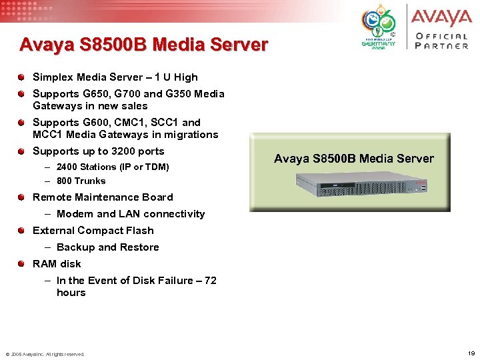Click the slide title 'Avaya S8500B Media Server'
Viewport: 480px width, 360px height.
pos(143,45)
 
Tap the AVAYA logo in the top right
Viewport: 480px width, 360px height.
pos(441,17)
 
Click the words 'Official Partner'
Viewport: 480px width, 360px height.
pos(441,41)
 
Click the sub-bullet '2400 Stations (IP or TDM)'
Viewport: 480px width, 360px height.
pos(113,167)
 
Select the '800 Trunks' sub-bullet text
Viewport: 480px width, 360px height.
pos(81,181)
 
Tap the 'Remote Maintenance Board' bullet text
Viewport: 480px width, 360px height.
pos(103,197)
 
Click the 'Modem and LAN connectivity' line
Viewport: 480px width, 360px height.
pos(131,214)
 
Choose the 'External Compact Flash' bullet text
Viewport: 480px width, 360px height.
pos(93,231)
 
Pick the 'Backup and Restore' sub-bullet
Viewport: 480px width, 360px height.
pos(108,247)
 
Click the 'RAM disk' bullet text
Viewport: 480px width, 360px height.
pos(57,264)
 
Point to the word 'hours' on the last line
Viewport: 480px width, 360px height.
pos(71,293)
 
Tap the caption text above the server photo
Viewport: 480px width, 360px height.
pos(353,159)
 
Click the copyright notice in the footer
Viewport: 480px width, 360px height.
pos(45,354)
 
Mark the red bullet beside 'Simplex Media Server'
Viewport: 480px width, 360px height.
pos(23,77)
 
